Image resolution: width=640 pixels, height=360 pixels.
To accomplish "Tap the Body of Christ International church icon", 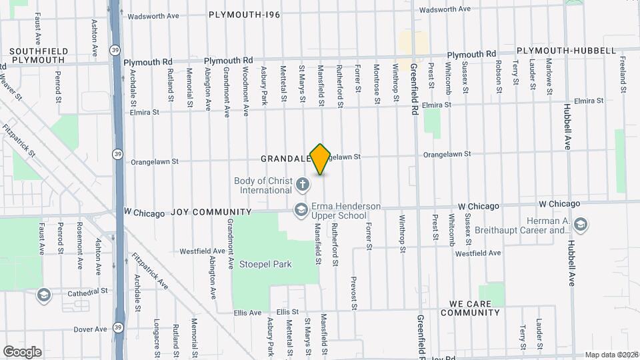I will [x=302, y=183].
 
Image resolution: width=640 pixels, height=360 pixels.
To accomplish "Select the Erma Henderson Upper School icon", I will [x=301, y=209].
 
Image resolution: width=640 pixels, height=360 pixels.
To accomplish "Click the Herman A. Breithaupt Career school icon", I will [x=579, y=224].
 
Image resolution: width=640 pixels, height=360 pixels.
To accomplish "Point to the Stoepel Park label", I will [x=272, y=264].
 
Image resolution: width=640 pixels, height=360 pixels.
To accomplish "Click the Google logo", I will [x=22, y=351].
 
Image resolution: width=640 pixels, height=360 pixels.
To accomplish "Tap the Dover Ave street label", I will [x=90, y=329].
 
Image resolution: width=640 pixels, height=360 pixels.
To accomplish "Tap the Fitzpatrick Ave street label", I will [x=149, y=269].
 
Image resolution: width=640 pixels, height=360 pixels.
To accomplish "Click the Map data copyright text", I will [x=611, y=355].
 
